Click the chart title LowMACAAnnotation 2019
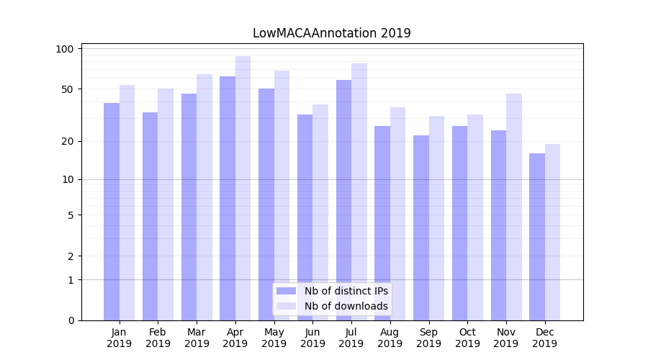pyautogui.click(x=331, y=33)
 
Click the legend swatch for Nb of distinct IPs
pyautogui.click(x=287, y=291)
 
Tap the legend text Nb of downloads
pyautogui.click(x=346, y=306)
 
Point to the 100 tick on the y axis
pyautogui.click(x=65, y=49)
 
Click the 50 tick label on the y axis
pyautogui.click(x=67, y=89)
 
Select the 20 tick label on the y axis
pyautogui.click(x=67, y=141)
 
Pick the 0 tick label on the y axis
pyautogui.click(x=71, y=320)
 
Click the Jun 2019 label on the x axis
pyautogui.click(x=312, y=338)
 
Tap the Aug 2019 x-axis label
pyautogui.click(x=390, y=338)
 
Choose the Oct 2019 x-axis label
pyautogui.click(x=467, y=338)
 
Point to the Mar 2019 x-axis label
pyautogui.click(x=197, y=338)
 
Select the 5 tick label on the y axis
pyautogui.click(x=71, y=215)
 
